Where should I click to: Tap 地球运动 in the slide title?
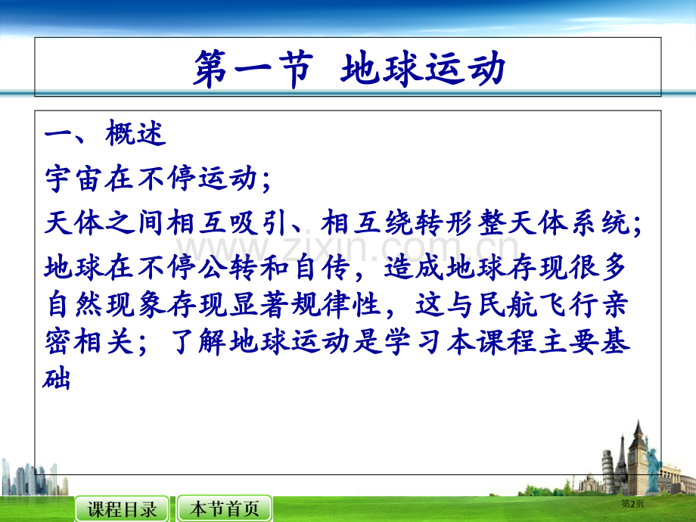423,68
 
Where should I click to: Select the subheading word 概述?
136,132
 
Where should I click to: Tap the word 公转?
227,267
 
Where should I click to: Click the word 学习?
414,342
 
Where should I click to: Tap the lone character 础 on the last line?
57,380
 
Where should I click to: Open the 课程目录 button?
122,508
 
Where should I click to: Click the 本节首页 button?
225,508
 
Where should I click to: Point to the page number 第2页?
632,504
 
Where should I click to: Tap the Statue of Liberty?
652,466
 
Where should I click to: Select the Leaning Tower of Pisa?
608,471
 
